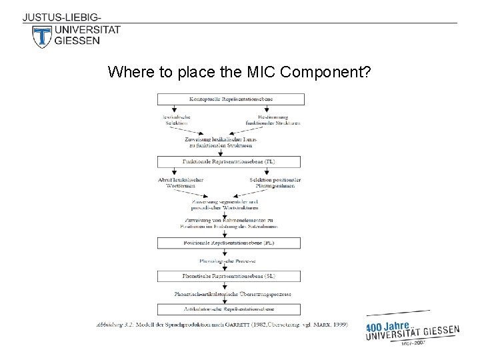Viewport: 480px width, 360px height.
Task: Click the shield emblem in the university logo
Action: [41, 35]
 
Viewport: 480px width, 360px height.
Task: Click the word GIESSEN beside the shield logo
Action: [78, 41]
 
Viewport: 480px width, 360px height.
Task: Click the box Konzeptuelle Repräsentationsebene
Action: [231, 99]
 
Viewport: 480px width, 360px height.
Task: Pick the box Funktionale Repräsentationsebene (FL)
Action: [231, 162]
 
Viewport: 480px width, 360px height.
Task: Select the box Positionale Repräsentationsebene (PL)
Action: [231, 244]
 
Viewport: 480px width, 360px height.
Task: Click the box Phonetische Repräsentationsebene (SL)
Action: [231, 276]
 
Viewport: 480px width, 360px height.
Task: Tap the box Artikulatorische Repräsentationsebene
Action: [231, 309]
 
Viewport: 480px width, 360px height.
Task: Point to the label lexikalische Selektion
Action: [175, 120]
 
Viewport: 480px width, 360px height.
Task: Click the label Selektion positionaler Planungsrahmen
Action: [275, 183]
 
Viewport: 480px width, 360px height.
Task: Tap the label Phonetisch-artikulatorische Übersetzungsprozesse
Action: [231, 293]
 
